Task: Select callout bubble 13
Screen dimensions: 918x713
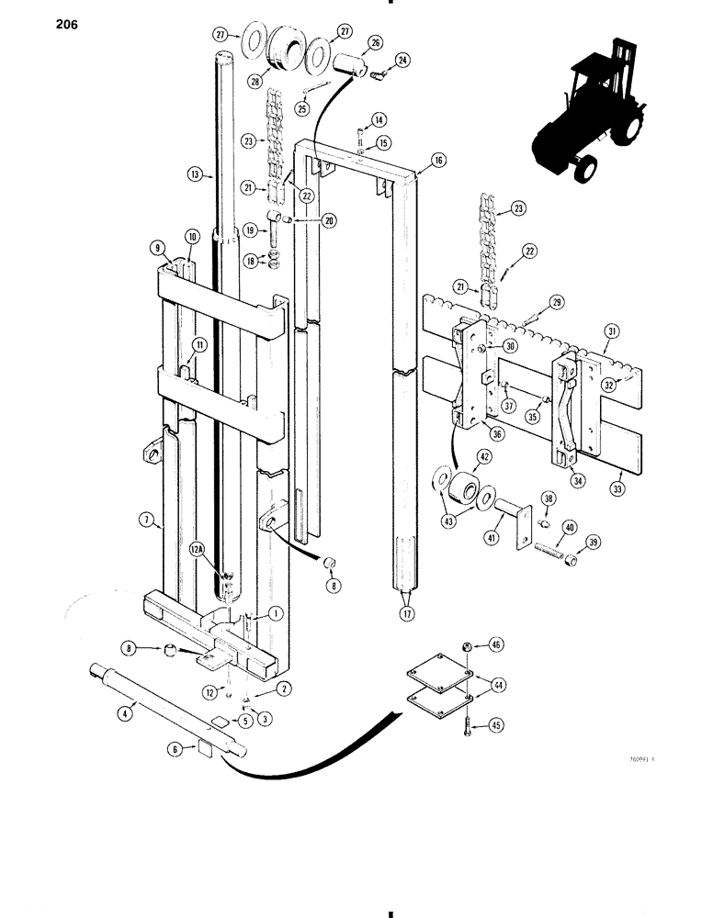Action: point(194,174)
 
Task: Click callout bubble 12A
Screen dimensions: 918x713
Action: point(196,550)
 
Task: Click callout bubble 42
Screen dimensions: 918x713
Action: point(483,457)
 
